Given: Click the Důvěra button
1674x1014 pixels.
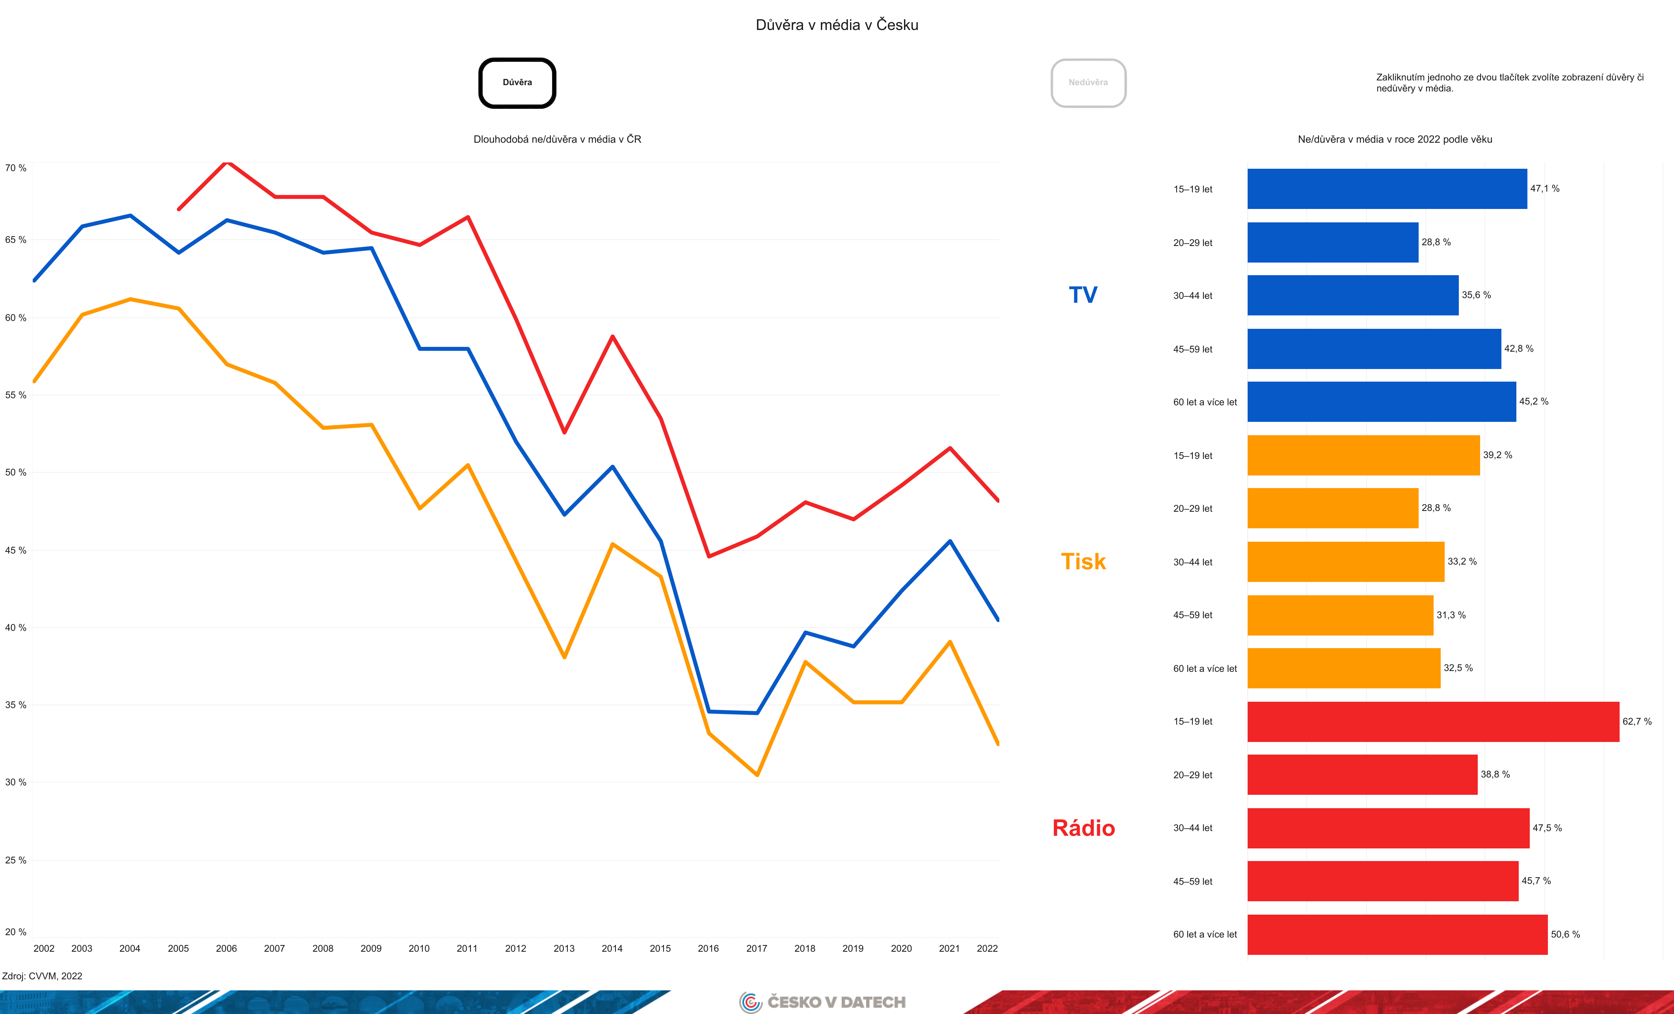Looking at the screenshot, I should point(517,83).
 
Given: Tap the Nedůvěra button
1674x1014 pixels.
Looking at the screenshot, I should point(1088,83).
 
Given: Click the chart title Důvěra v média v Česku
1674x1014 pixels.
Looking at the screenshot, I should point(836,25).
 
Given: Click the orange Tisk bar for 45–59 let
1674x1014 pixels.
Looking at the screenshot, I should point(1340,615).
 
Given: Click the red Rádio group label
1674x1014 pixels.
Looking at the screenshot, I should point(1083,828).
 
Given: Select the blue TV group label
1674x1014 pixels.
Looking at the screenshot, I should point(1083,295).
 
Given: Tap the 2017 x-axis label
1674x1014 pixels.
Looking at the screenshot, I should point(756,948).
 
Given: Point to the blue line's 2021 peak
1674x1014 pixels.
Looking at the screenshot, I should point(950,541).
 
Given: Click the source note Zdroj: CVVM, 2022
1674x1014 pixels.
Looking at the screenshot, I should point(42,976).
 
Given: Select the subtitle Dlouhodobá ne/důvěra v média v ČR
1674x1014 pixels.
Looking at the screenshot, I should point(557,139).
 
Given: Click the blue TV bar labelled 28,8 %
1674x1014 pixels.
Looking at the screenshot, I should point(1332,242).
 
